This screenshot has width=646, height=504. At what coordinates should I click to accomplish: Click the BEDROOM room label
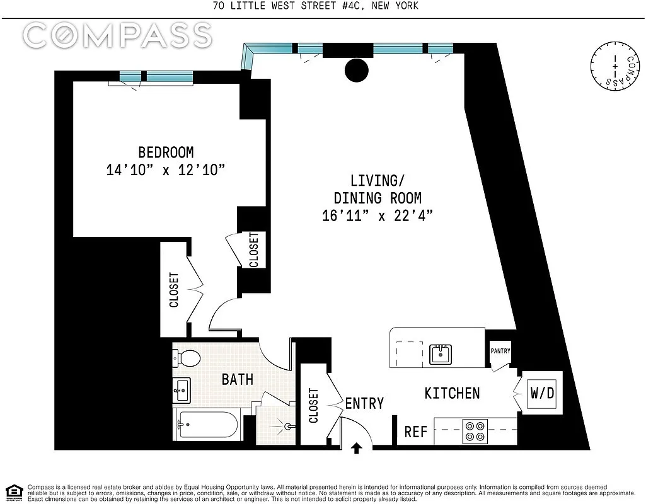[x=166, y=152]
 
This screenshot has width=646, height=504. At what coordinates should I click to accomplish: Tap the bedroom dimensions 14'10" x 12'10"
[x=166, y=169]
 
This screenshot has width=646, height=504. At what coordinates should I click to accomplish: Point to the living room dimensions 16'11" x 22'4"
[x=378, y=215]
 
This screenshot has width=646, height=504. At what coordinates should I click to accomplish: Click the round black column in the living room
[x=356, y=70]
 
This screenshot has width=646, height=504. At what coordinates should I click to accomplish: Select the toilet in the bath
[x=186, y=358]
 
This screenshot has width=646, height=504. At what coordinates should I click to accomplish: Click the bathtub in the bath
[x=207, y=425]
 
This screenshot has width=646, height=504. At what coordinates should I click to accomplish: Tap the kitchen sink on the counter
[x=441, y=354]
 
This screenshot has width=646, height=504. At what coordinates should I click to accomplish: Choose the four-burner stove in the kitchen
[x=475, y=431]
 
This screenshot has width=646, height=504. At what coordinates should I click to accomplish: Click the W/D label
[x=542, y=393]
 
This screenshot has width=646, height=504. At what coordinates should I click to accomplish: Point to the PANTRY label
[x=500, y=351]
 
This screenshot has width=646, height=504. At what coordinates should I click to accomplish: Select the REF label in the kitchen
[x=416, y=432]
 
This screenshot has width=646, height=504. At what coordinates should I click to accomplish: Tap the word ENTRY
[x=364, y=403]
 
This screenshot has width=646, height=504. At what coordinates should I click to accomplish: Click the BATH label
[x=238, y=379]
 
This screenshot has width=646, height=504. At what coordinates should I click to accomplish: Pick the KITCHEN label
[x=452, y=393]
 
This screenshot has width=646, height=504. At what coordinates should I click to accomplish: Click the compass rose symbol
[x=615, y=66]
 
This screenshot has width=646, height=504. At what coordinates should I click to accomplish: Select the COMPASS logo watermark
[x=117, y=35]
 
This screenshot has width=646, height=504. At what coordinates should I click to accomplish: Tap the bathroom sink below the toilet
[x=182, y=390]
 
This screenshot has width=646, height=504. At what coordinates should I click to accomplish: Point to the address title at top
[x=316, y=6]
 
